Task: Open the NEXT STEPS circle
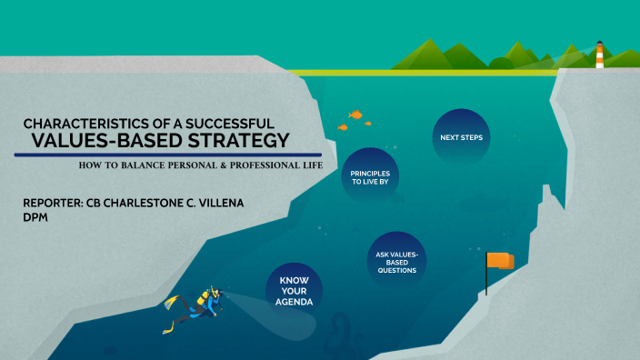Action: (461, 137)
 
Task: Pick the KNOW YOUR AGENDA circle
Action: (294, 291)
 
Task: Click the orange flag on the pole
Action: (500, 262)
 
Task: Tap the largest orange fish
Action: (356, 115)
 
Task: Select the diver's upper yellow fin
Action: (170, 301)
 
